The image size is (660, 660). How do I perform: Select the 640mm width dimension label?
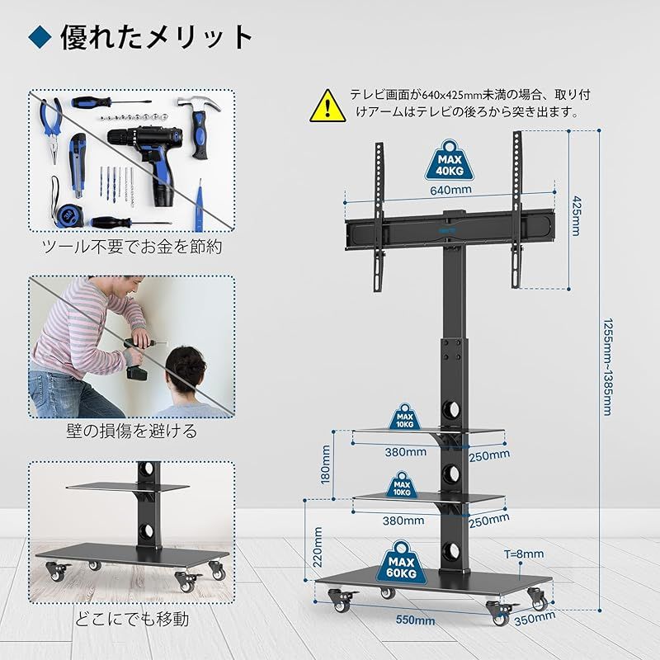coord(450,190)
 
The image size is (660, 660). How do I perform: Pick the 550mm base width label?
coord(414,620)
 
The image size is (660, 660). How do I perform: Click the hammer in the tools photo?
coord(202,124)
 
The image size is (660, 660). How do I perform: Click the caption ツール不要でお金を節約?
coord(132,246)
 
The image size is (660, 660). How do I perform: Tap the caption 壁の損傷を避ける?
coord(132,431)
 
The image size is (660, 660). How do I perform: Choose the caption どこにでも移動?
coord(132,618)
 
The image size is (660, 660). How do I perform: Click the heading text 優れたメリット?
coord(156,37)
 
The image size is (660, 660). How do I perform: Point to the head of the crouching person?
coord(185,370)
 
